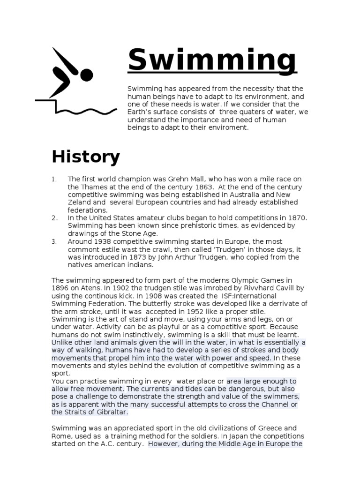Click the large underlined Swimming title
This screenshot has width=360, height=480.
(212, 61)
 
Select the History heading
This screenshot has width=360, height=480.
(86, 157)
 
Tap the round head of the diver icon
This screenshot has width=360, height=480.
(87, 75)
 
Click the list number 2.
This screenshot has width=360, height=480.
(54, 218)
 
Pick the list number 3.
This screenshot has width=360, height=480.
(54, 241)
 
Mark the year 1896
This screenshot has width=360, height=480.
(61, 288)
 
